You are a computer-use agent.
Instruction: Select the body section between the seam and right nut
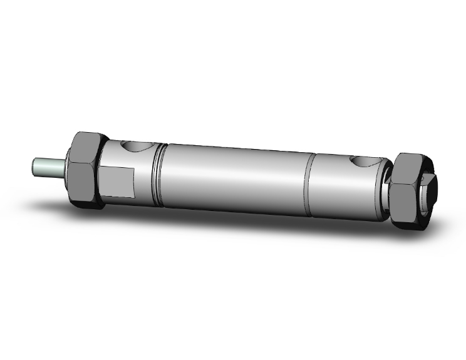coord(341,188)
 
